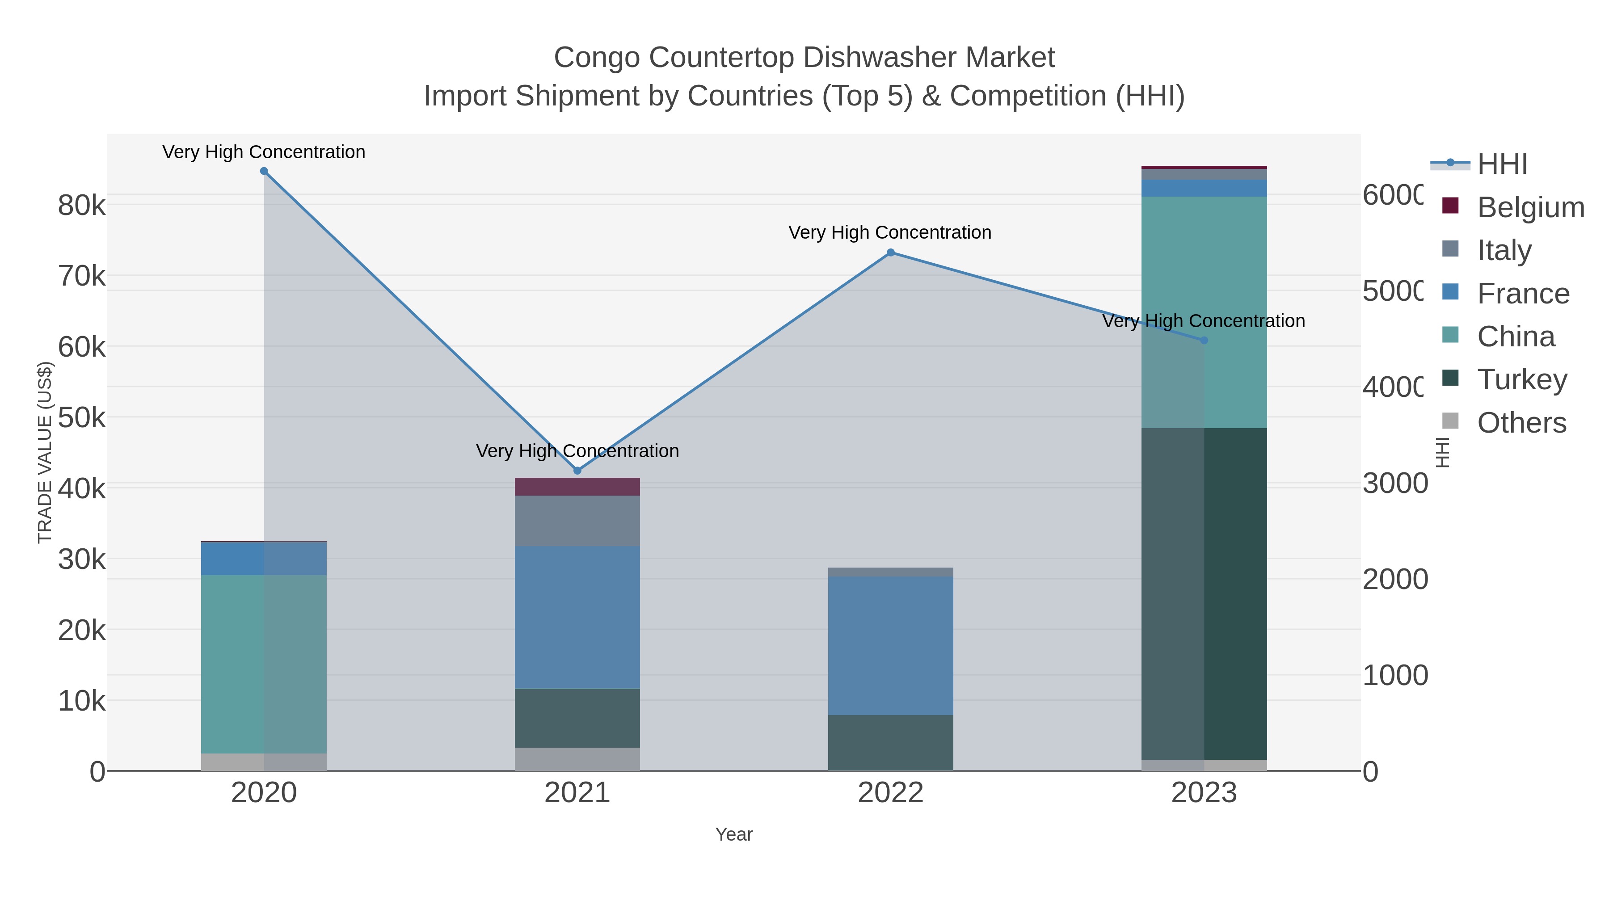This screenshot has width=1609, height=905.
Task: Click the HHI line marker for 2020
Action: pyautogui.click(x=264, y=171)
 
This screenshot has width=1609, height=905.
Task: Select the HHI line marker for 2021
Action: pyautogui.click(x=577, y=470)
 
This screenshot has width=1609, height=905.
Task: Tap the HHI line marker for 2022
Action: pyautogui.click(x=891, y=253)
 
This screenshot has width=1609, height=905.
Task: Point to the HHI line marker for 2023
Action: pyautogui.click(x=1204, y=341)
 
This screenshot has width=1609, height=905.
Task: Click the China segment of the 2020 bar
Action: pyautogui.click(x=264, y=664)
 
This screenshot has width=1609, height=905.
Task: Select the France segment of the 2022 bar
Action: pyautogui.click(x=891, y=645)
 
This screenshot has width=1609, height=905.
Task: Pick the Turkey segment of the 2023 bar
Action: pyautogui.click(x=1204, y=594)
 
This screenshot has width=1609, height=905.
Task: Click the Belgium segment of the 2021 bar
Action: pyautogui.click(x=577, y=487)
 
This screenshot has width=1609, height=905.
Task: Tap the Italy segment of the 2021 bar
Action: pyautogui.click(x=577, y=521)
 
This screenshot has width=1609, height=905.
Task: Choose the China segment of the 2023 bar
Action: pyautogui.click(x=1204, y=312)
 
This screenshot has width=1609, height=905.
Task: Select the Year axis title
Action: pyautogui.click(x=734, y=834)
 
